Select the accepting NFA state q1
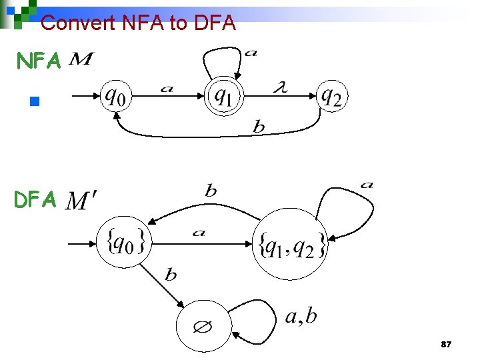coord(225,97)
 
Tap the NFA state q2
coord(331,97)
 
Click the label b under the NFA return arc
coord(259,127)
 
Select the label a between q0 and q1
coord(167,88)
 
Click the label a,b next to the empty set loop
coord(301,316)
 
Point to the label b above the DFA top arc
coord(211,191)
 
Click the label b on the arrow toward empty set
coord(171,274)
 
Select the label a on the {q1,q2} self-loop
coord(367,184)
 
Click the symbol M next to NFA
coord(81,61)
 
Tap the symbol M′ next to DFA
coord(83,199)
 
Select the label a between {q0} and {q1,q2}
coord(198,233)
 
